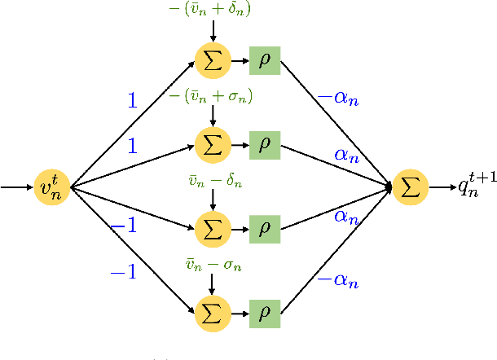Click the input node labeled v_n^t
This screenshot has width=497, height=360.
tap(53, 188)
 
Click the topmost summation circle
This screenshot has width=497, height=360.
tap(213, 60)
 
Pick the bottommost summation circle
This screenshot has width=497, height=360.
tap(213, 313)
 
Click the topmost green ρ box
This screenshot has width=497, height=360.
tap(265, 60)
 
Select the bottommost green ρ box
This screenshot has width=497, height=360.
tap(265, 313)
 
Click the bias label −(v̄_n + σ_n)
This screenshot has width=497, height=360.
tap(211, 97)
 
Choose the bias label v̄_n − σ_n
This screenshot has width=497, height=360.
tap(213, 265)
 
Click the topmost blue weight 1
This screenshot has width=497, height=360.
tap(132, 100)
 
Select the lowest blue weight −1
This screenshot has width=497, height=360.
tap(123, 273)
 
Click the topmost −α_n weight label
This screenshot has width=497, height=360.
tap(336, 98)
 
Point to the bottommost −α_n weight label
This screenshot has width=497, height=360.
tap(336, 281)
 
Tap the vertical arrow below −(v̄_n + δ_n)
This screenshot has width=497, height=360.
tap(213, 31)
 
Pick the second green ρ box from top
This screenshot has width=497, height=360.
tap(265, 145)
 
